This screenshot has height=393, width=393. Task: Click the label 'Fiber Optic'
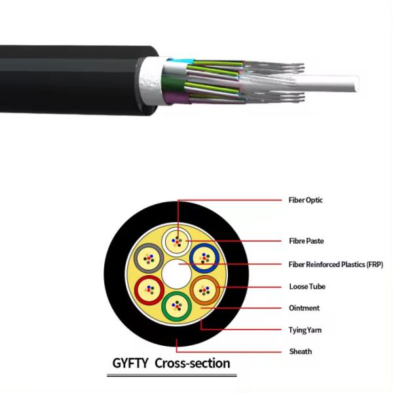[305, 200]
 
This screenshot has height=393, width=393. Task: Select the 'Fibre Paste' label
[305, 240]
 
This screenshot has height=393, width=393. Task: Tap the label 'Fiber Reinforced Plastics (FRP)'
[335, 264]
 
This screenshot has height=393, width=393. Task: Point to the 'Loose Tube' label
[307, 286]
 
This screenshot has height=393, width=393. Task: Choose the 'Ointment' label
[304, 308]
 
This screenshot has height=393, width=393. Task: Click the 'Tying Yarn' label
[305, 330]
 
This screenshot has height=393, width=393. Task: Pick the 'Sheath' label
[300, 352]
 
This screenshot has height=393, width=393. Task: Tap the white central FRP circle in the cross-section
[176, 272]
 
